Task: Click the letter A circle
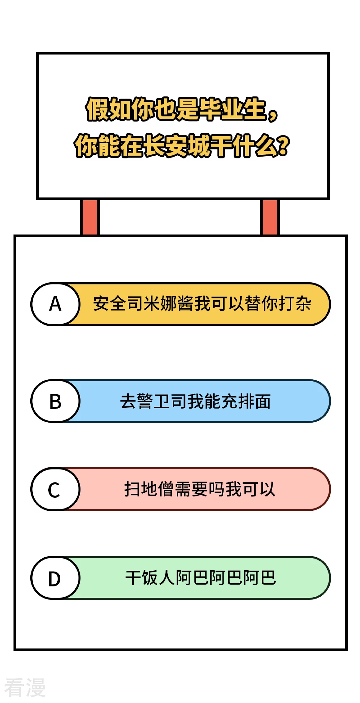coord(55,304)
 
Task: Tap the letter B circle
coord(55,401)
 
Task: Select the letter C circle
coord(55,489)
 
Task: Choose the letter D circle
coord(55,578)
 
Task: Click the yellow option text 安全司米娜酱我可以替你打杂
coord(202,303)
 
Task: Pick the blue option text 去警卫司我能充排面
coord(195,401)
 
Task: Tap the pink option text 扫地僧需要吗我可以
coord(199,489)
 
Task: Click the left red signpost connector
coord(90,217)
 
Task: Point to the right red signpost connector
coord(270,217)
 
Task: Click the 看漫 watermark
coord(25,688)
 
